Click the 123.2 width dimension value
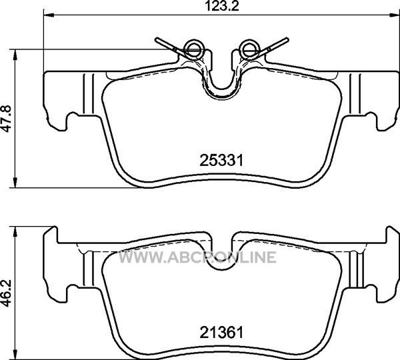click(222, 6)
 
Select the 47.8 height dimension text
click(7, 119)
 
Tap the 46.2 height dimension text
click(7, 293)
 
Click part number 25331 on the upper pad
click(221, 161)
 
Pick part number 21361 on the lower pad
click(221, 333)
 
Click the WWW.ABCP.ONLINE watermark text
click(197, 257)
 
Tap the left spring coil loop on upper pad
click(194, 49)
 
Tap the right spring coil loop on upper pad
click(249, 49)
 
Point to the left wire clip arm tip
click(157, 39)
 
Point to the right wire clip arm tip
click(287, 39)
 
